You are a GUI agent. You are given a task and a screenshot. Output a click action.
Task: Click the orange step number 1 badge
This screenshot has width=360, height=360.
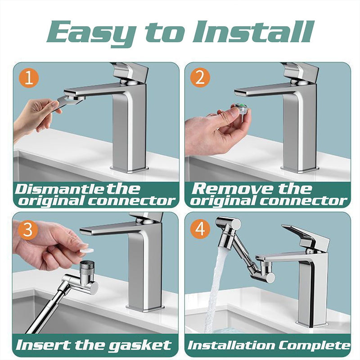(x=29, y=78)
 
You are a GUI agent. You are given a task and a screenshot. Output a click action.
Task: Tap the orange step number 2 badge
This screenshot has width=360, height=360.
(x=200, y=77)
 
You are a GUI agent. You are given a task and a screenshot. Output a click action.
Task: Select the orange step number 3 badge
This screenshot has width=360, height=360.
(x=28, y=230)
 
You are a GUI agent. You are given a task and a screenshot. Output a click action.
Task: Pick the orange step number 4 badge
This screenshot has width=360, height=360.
(x=200, y=229)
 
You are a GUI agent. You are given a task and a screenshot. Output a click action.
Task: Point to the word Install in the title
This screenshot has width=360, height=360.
(x=252, y=31)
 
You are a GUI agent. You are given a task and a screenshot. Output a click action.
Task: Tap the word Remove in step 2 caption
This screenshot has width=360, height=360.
(x=233, y=189)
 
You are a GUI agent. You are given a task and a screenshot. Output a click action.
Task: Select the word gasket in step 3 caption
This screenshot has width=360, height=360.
(x=140, y=346)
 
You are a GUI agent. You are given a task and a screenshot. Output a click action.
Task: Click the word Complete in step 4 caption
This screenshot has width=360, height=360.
(x=315, y=346)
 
